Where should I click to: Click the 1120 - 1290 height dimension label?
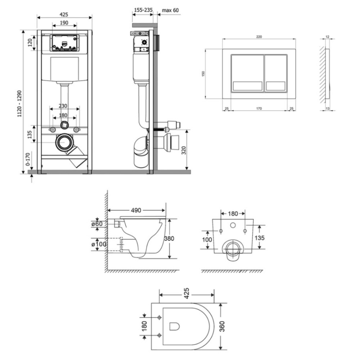pos(20,104)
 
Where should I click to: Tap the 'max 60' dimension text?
pos(170,10)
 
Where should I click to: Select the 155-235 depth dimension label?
pos(143,10)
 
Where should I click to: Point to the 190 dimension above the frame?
pos(64,23)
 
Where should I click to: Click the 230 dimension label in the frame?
pos(63,106)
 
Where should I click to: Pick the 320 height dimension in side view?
pos(184,150)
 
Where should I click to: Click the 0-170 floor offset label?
pos(28,159)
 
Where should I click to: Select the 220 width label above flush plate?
pos(259,37)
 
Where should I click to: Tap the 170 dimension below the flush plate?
pos(259,109)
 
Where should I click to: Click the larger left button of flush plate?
pos(248,73)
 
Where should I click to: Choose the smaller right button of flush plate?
pos(276,73)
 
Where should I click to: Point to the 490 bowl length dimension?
pos(136,210)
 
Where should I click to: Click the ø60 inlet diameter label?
pos(97,224)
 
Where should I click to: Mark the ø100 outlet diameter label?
pos(99,244)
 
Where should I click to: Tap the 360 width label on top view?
pos(222,327)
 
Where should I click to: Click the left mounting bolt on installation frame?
pos(53,130)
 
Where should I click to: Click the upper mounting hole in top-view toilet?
pos(159,318)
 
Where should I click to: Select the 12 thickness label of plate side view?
pos(327,37)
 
